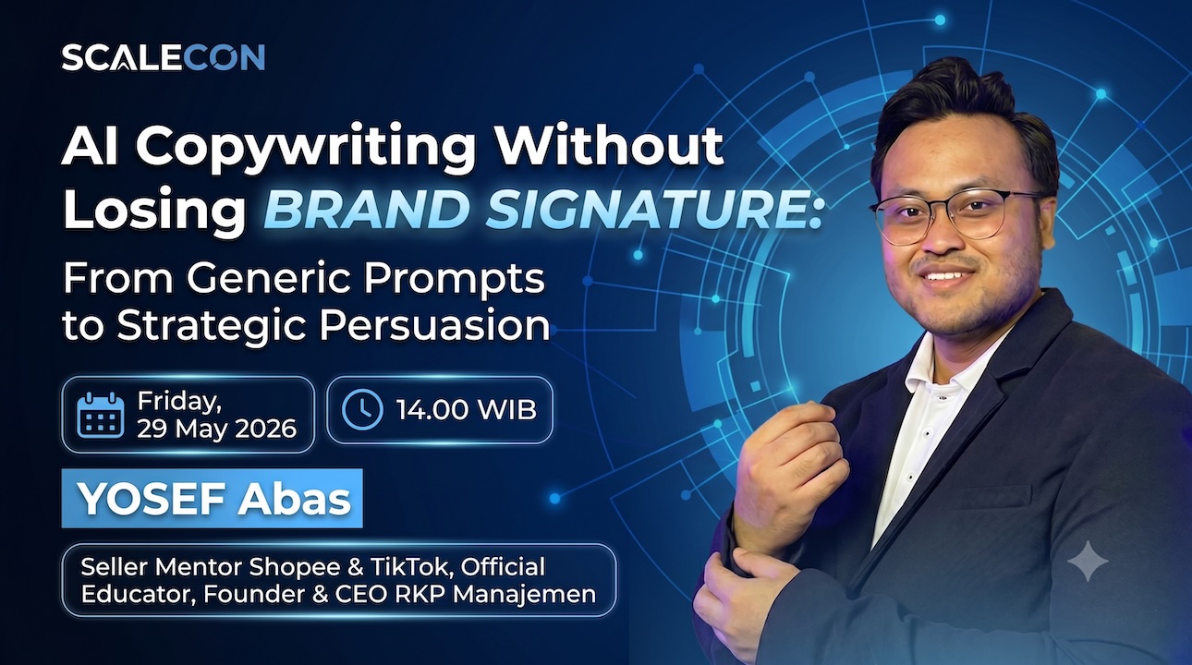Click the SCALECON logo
[x=164, y=57]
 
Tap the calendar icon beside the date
[x=101, y=415]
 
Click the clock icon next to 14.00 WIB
[x=362, y=409]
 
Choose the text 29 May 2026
[x=216, y=429]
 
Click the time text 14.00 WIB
[x=467, y=409]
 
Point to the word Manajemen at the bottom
[x=525, y=594]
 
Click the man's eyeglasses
[x=955, y=218]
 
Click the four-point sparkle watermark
[x=1088, y=561]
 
